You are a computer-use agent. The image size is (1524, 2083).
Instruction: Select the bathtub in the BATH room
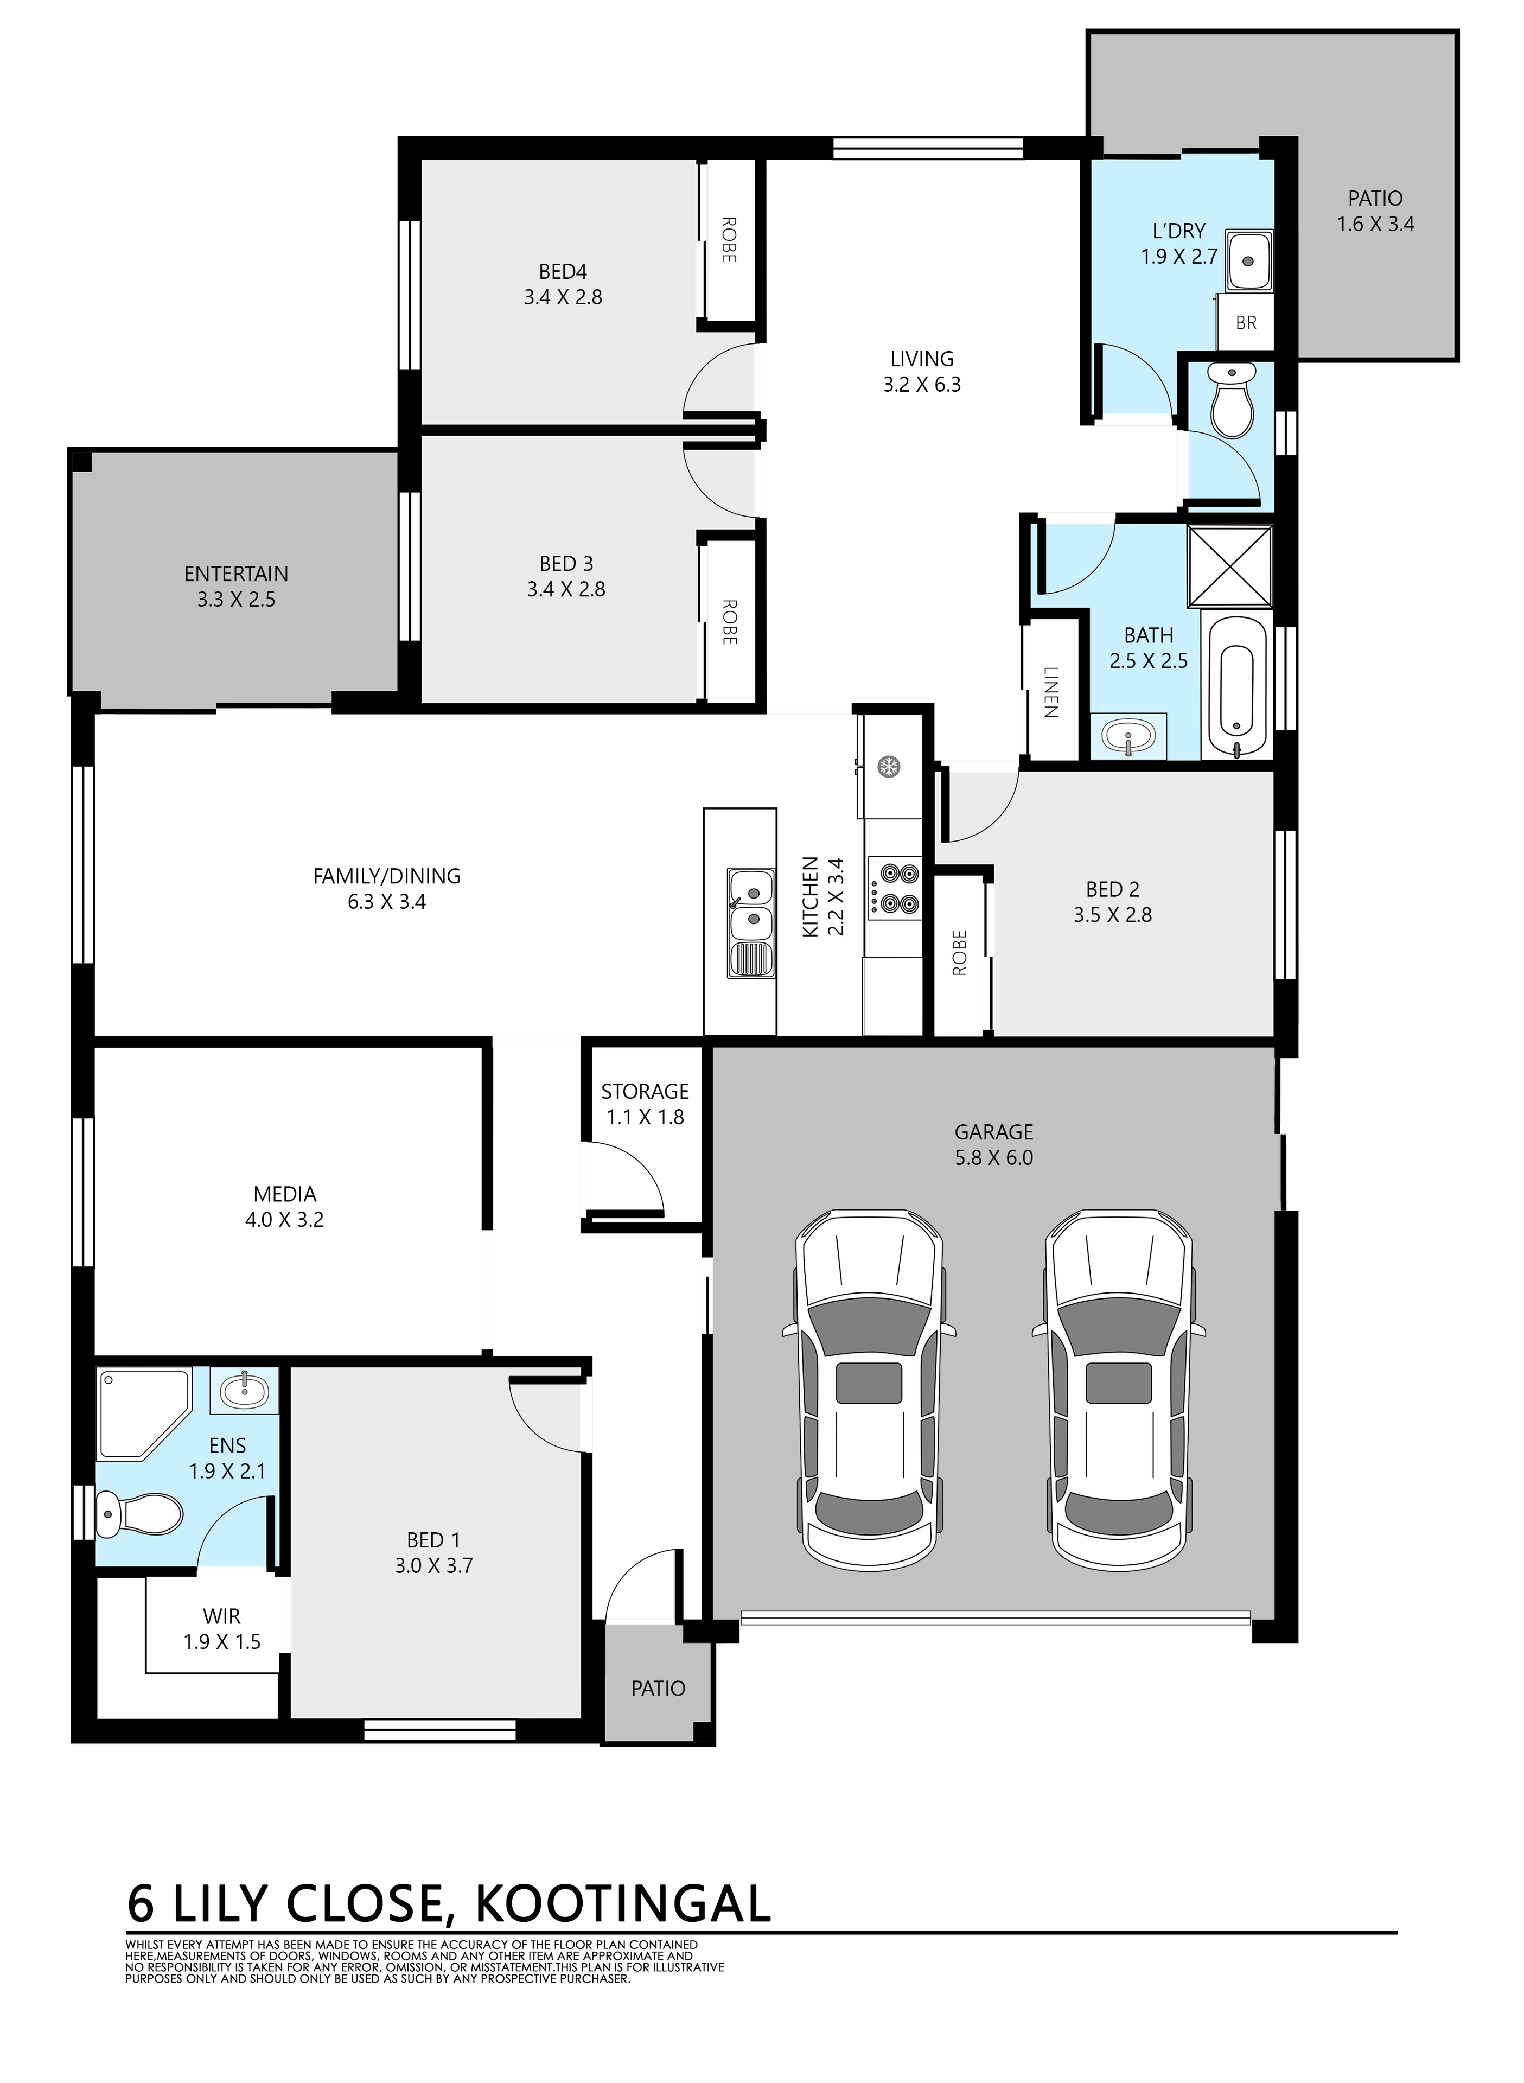pos(1236,688)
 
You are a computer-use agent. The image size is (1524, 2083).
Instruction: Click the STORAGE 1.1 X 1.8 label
pos(645,1104)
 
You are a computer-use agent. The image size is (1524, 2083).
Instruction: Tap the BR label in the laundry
pos(1245,323)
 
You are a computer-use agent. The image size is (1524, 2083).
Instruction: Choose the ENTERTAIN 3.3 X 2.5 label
pos(236,586)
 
